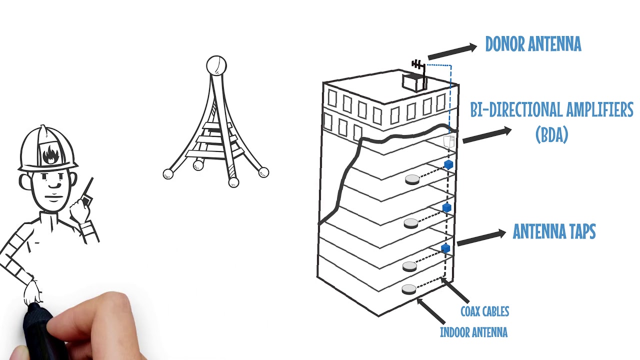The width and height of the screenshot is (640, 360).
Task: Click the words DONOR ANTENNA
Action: [533, 44]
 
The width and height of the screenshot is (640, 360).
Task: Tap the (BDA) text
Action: [551, 134]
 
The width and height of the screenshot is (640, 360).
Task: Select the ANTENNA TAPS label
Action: [554, 231]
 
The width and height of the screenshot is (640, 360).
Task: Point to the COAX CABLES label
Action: [485, 311]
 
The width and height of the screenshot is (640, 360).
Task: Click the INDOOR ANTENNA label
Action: [473, 332]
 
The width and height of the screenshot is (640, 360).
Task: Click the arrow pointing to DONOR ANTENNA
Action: [452, 51]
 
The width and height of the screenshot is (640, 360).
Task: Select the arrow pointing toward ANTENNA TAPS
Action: [481, 237]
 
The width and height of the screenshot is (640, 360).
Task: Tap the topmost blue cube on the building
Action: [448, 164]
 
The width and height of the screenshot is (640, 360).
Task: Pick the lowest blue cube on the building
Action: [445, 248]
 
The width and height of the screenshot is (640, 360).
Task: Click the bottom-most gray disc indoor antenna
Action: [409, 289]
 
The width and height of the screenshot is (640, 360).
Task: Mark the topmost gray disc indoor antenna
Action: [412, 179]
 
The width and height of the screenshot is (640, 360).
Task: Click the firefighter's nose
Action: [54, 184]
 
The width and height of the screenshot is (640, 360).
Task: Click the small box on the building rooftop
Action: [413, 82]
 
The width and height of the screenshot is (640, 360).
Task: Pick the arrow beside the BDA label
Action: [487, 135]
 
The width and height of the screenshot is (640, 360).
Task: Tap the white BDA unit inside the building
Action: [449, 141]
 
